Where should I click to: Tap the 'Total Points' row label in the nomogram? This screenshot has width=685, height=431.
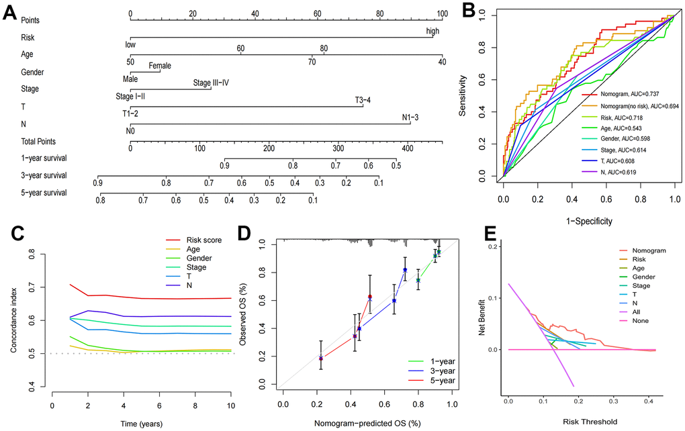38,142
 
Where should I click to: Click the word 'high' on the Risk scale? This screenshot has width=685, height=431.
433,31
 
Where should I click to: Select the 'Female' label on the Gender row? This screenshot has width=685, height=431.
160,66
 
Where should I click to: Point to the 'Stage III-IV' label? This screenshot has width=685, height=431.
212,83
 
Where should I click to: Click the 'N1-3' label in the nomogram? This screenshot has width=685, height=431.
410,118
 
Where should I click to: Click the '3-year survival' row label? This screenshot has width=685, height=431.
44,176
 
